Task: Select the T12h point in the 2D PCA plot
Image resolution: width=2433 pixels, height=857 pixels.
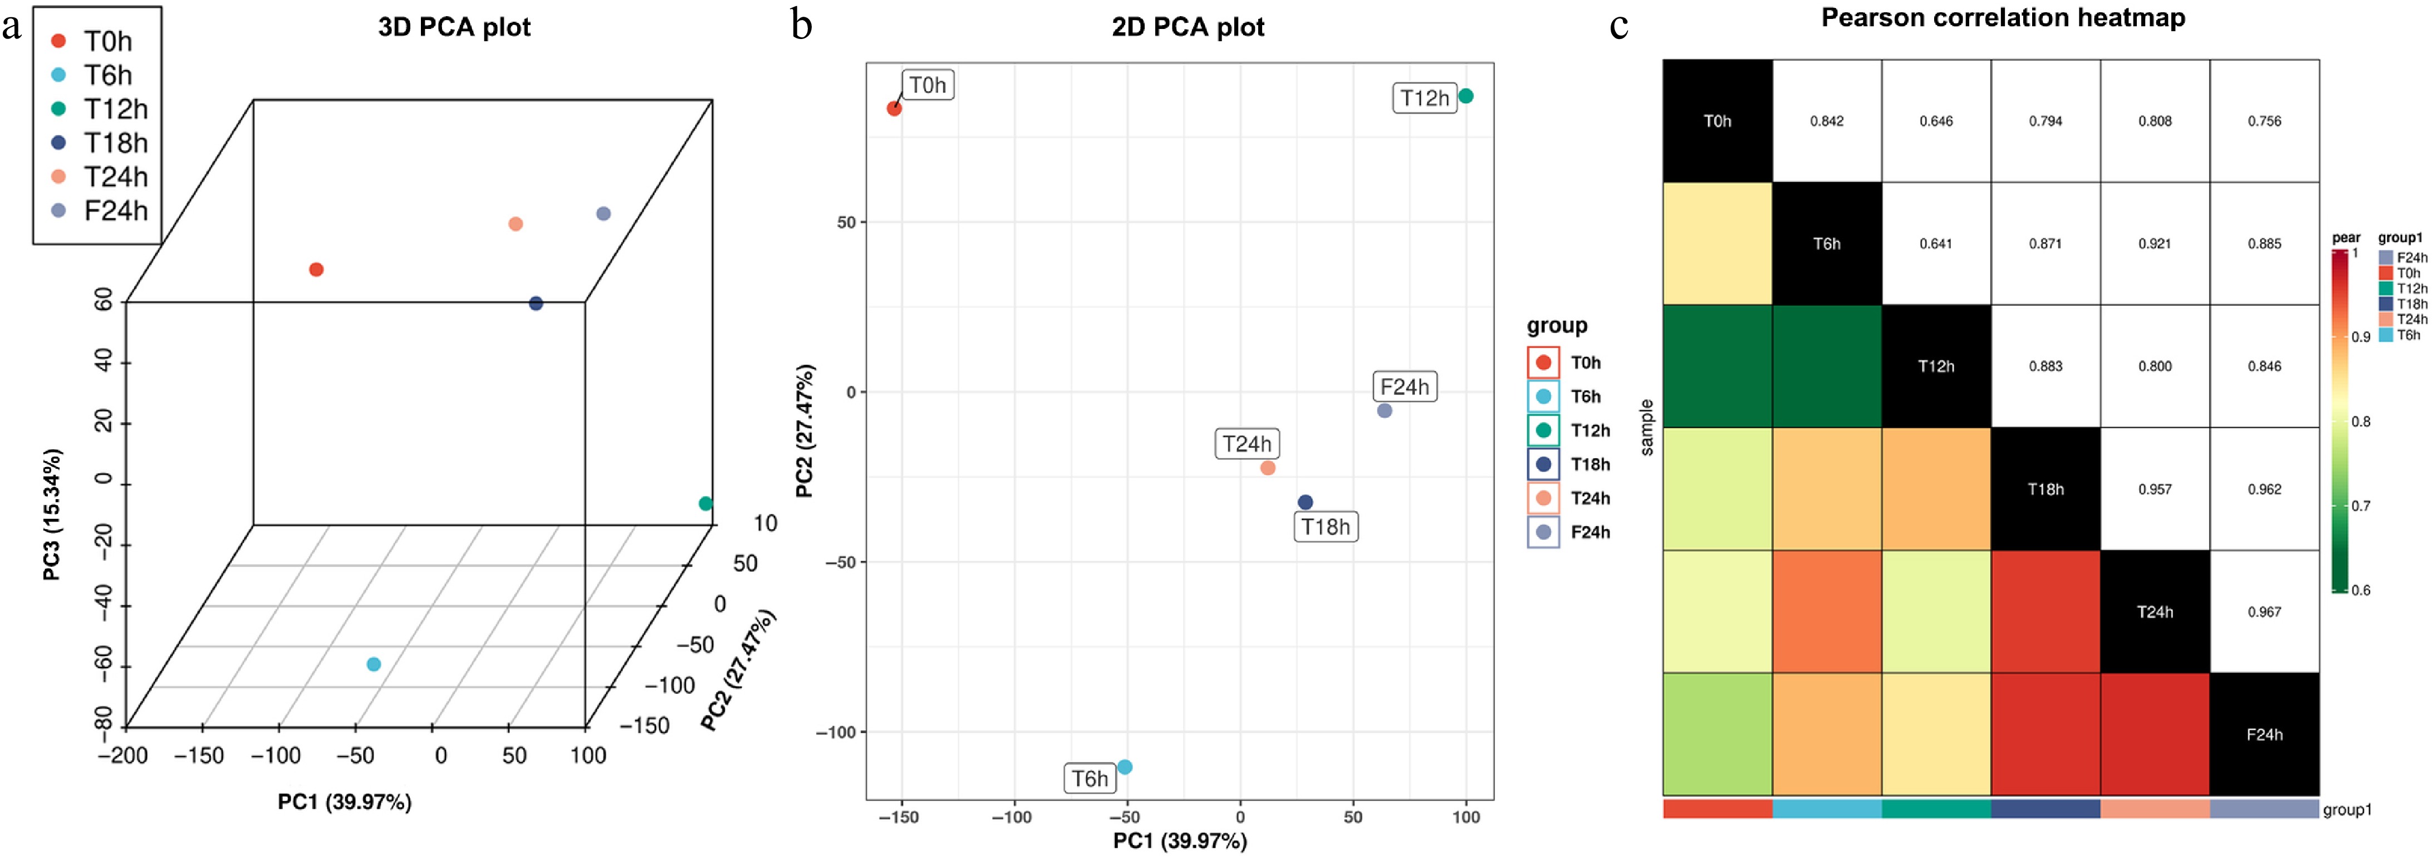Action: coord(1466,95)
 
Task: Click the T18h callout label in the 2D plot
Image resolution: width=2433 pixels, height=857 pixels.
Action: coord(1325,527)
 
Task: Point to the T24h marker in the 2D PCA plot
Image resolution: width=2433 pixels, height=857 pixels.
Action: coord(1268,468)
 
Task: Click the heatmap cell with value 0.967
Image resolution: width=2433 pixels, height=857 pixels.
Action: coord(2264,611)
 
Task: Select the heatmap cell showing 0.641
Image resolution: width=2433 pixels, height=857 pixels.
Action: coord(1935,243)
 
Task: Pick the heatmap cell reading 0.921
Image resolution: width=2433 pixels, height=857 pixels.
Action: coord(2155,243)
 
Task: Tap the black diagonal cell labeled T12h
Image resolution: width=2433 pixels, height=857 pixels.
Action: coord(1935,366)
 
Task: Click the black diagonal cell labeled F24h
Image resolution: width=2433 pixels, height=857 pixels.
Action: coord(2264,734)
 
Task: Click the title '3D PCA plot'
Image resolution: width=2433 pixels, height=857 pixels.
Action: coord(454,26)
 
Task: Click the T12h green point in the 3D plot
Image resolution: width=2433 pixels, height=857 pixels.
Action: coord(705,504)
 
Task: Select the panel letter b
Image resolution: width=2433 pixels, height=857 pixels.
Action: coord(802,25)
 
